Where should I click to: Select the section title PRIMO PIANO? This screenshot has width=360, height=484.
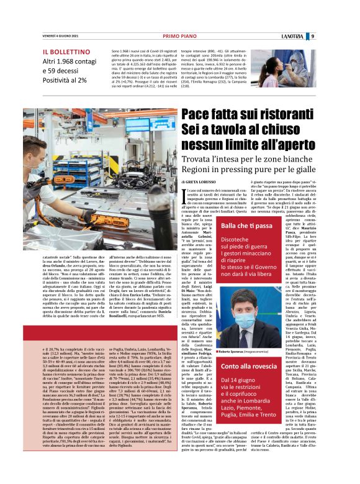click(x=179, y=36)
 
